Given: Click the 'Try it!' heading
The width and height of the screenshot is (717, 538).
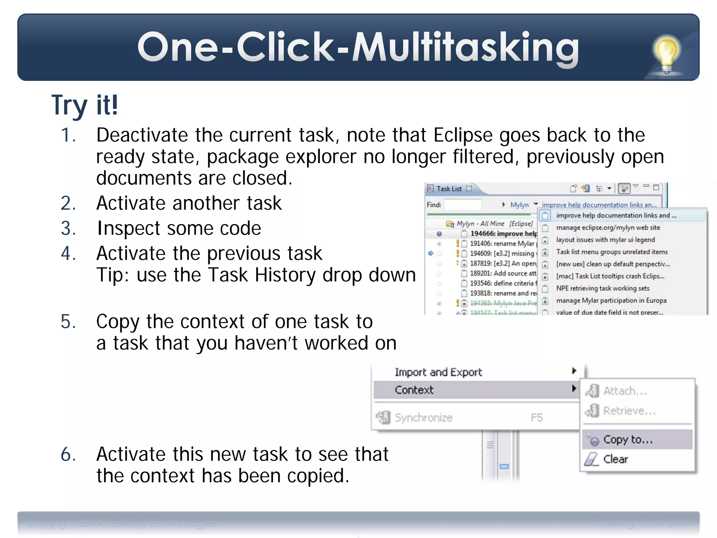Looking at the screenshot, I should coord(85,105).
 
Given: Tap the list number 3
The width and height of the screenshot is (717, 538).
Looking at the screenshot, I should coord(68,228).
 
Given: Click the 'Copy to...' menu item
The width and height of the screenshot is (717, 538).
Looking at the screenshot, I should coord(628,440).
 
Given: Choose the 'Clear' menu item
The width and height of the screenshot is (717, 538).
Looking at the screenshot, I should coord(615,459).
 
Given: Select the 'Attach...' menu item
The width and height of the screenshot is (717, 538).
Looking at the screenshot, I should coord(625,391).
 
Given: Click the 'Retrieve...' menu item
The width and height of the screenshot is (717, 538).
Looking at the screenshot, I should coord(629,411).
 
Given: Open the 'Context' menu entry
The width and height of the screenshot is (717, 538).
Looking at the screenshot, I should coord(414,390).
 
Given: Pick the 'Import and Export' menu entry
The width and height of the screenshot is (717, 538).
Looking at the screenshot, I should coord(438,372).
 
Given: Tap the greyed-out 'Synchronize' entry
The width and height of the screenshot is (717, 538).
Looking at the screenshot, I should coord(424,418).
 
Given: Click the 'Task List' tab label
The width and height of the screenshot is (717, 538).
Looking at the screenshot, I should coord(449,189).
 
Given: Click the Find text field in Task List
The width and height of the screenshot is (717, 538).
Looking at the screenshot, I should coord(463,205).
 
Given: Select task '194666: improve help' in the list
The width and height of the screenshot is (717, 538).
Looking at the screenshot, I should coord(503,234).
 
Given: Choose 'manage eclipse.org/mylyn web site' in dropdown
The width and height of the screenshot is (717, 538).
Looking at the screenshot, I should coord(608,228).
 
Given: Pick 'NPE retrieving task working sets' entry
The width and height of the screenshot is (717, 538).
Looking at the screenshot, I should coord(603,288).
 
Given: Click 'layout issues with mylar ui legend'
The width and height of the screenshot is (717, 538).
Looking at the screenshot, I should coord(605,240).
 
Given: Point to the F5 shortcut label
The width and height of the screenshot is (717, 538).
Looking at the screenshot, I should coord(537,418).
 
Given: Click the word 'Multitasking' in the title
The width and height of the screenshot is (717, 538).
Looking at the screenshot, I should coord(466,48).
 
